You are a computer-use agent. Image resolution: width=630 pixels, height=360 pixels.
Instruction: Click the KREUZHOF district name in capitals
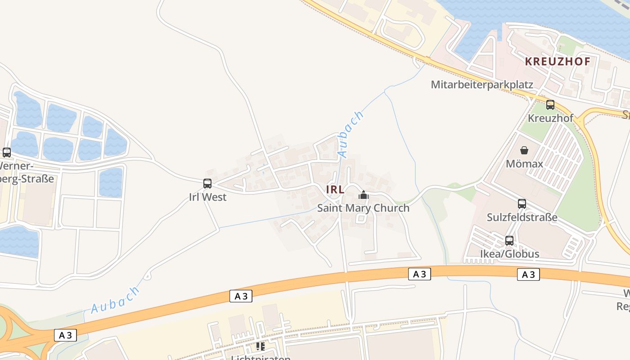[x=557, y=62]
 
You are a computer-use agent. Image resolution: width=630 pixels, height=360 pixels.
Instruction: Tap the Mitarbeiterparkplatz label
[x=482, y=85]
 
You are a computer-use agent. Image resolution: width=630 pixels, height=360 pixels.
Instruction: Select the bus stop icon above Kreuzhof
[x=550, y=105]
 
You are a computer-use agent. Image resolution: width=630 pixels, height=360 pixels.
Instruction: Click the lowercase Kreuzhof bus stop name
[x=550, y=118]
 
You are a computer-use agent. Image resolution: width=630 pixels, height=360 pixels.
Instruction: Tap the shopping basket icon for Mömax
[x=524, y=150]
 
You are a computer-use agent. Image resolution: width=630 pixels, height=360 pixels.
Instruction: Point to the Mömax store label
[x=524, y=163]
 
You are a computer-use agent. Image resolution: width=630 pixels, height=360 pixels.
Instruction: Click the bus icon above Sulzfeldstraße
[x=522, y=204]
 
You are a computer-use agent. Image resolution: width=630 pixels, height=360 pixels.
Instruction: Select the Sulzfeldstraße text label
[x=522, y=217]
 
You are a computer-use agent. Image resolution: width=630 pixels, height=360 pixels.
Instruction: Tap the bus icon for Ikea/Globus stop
[x=509, y=241]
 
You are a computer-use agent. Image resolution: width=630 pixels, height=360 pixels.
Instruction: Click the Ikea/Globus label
[x=509, y=254]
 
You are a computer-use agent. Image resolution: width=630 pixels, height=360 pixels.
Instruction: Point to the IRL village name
[x=335, y=189]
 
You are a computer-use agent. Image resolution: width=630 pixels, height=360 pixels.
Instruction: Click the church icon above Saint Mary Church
[x=363, y=195]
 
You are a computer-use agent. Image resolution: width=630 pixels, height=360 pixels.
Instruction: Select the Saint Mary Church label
[x=363, y=208]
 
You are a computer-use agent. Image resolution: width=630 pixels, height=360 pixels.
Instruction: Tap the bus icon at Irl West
[x=207, y=184]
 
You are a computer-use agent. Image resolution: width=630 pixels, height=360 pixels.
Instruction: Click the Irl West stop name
[x=207, y=197]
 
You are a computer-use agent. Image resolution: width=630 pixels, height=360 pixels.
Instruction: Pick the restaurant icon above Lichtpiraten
[x=260, y=346]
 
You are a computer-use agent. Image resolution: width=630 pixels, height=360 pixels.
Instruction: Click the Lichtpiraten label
[x=261, y=358]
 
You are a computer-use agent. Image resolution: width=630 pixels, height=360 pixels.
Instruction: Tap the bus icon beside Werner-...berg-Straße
[x=6, y=153]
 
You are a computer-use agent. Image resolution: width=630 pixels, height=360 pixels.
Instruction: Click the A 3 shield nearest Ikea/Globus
[x=528, y=274]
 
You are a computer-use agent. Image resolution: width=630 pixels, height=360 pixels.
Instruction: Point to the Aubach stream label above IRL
[x=351, y=134]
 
